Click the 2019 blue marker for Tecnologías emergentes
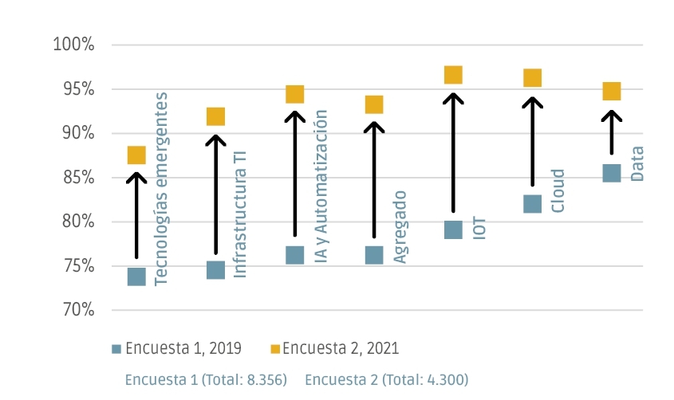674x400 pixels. pos(136,276)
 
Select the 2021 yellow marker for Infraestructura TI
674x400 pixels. pos(215,117)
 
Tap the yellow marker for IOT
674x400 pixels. pos(453,75)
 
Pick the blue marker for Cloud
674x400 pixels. pos(532,205)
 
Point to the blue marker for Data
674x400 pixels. pos(611,173)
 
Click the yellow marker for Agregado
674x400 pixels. pos(374,104)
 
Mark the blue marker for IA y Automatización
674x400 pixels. pos(295,255)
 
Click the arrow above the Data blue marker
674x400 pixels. pos(612,131)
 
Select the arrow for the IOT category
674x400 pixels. pos(453,151)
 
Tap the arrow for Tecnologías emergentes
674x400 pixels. pos(136,215)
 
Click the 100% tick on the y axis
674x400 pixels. pos(73,45)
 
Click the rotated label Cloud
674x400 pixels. pos(558,190)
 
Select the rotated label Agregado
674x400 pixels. pos(400,227)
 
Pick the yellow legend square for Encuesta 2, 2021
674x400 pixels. pos(275,348)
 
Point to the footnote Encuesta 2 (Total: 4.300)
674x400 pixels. pos(386,379)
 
